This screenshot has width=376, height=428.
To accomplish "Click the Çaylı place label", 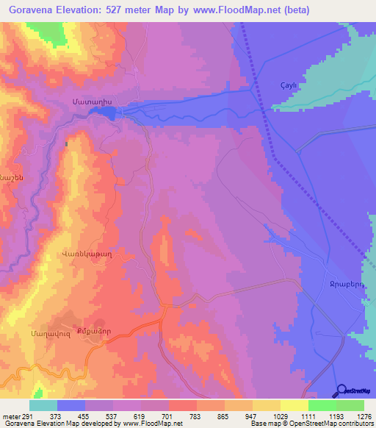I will (x=289, y=84).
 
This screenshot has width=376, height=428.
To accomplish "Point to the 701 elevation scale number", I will (x=168, y=415).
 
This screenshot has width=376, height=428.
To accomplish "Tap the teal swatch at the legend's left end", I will (x=43, y=405).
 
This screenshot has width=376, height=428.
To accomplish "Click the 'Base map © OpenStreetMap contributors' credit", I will (x=311, y=424).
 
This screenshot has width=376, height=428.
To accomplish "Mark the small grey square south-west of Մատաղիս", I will (x=67, y=144).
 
